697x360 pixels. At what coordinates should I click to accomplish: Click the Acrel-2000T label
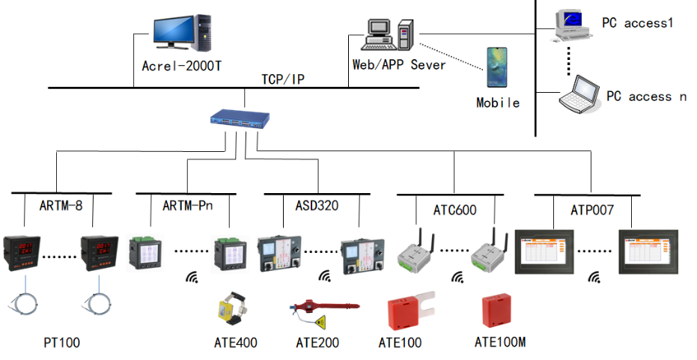click(x=181, y=66)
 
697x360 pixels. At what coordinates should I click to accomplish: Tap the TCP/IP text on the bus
click(x=283, y=79)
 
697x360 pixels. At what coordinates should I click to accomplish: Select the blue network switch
click(x=240, y=120)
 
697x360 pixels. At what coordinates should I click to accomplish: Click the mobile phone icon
click(x=496, y=68)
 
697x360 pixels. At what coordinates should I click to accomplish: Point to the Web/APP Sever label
click(x=399, y=65)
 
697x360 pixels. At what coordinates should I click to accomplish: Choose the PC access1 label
click(x=637, y=22)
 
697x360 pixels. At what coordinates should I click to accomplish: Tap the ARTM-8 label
click(x=61, y=206)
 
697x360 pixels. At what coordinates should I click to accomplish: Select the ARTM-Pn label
click(x=187, y=205)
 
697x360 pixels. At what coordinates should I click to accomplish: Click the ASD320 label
click(x=317, y=205)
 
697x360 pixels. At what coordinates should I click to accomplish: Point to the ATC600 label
click(x=454, y=210)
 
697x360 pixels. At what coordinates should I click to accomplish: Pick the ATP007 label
click(x=592, y=210)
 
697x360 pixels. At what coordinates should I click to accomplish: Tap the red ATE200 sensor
click(x=323, y=312)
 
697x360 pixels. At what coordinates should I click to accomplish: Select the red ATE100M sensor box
click(x=496, y=310)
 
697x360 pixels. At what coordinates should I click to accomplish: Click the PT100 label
click(x=62, y=343)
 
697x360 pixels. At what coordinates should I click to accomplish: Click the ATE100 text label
click(x=400, y=343)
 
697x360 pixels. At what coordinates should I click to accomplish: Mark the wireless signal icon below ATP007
click(x=594, y=278)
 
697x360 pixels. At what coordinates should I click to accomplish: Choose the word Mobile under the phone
click(x=498, y=103)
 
